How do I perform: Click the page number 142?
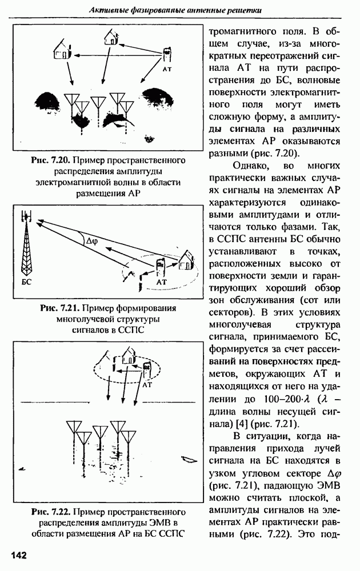[x=19, y=556]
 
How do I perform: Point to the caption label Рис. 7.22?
[x=51, y=512]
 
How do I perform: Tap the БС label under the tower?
[x=26, y=282]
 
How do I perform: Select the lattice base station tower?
[x=26, y=243]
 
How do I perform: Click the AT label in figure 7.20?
[x=167, y=69]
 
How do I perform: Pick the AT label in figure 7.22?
[x=147, y=384]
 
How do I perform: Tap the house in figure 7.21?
[x=186, y=259]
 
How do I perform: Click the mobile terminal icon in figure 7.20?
[x=167, y=55]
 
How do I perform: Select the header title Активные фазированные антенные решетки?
[x=175, y=10]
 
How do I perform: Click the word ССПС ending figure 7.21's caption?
[x=131, y=330]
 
